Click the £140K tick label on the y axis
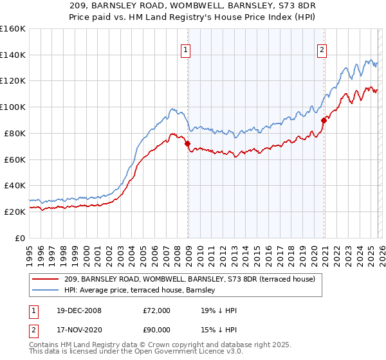(13, 55)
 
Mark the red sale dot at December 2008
(188, 144)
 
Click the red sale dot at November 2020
(324, 120)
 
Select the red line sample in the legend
(46, 279)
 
